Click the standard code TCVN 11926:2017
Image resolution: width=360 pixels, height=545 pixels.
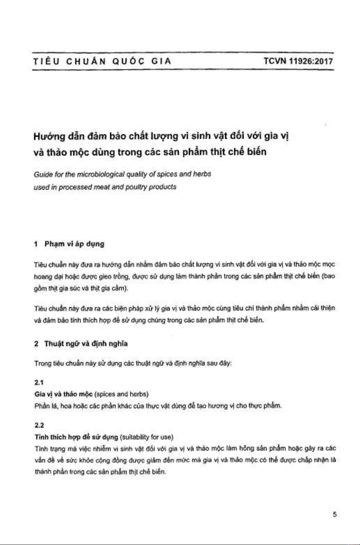[x=298, y=61]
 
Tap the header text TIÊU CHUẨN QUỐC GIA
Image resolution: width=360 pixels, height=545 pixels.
[x=102, y=61]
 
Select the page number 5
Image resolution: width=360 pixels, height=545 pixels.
[x=335, y=514]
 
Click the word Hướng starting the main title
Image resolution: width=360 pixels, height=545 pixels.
[x=49, y=137]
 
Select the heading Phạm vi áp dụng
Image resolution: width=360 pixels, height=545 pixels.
[x=74, y=244]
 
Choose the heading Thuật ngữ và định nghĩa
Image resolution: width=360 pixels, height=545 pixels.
[x=86, y=343]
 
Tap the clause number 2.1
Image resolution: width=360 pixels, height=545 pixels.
[x=39, y=383]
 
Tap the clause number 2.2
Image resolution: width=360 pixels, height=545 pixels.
[x=39, y=425]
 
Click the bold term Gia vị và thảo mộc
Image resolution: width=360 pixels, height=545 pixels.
[x=63, y=394]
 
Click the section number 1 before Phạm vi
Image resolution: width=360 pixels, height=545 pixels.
[x=36, y=244]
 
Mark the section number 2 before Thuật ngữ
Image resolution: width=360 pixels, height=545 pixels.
[x=36, y=343]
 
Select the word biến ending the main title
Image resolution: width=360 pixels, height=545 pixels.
[x=257, y=152]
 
